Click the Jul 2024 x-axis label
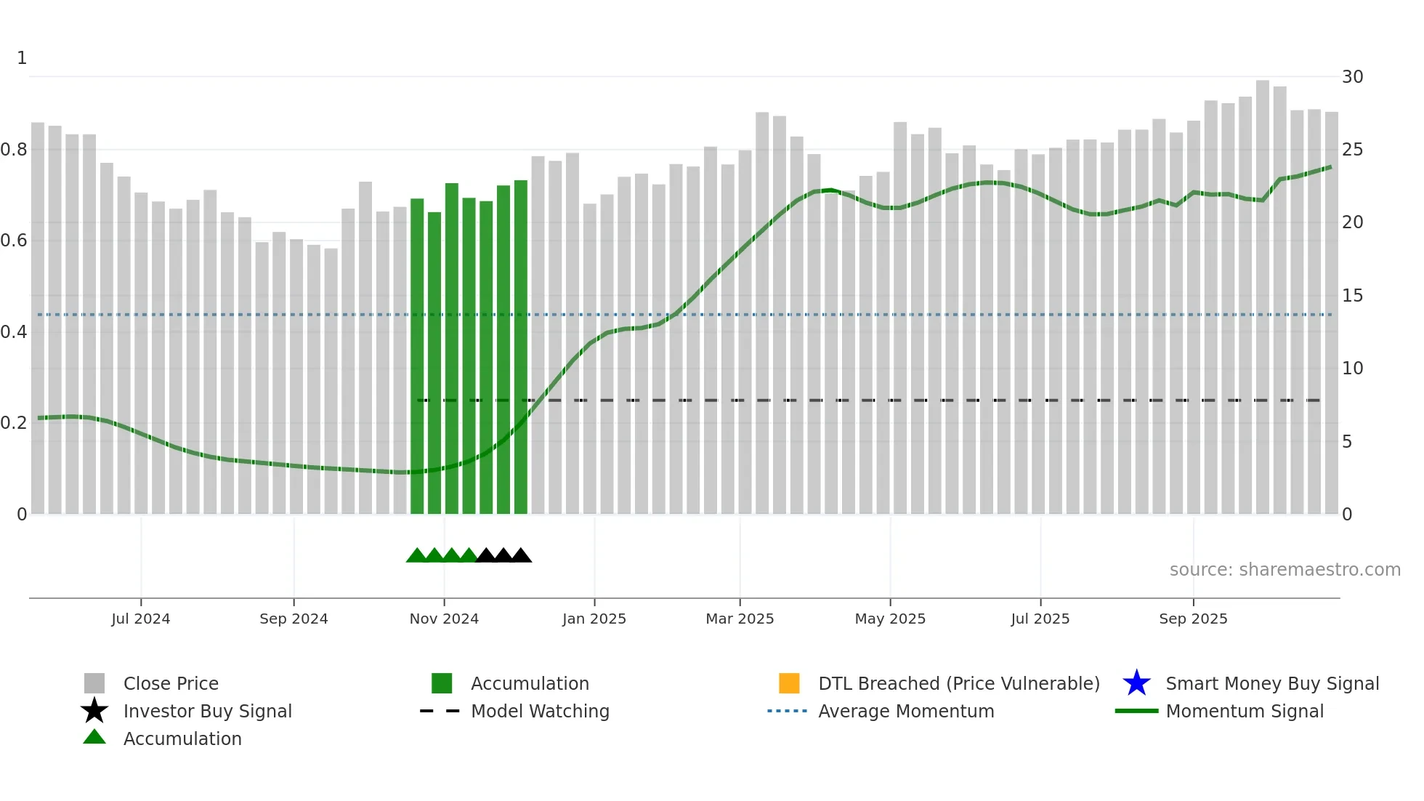click(x=141, y=619)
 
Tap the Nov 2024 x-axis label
click(x=444, y=619)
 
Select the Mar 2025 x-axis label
click(x=740, y=619)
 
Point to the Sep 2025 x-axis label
click(x=1193, y=619)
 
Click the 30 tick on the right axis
click(x=1352, y=77)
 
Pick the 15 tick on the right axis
click(x=1352, y=296)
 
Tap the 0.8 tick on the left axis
click(x=14, y=150)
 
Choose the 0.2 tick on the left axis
click(x=14, y=423)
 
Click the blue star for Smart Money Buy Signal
click(x=1136, y=683)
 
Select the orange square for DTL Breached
click(x=789, y=683)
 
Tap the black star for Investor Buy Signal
click(x=94, y=711)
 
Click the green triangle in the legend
click(x=94, y=737)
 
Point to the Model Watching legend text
click(x=540, y=711)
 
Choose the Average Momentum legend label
click(x=906, y=711)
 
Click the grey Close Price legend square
click(x=94, y=683)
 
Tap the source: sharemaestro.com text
click(x=1285, y=570)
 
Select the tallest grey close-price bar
click(x=1263, y=291)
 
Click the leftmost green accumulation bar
click(x=417, y=356)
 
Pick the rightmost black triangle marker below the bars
click(x=521, y=556)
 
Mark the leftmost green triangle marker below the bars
click(x=416, y=556)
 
